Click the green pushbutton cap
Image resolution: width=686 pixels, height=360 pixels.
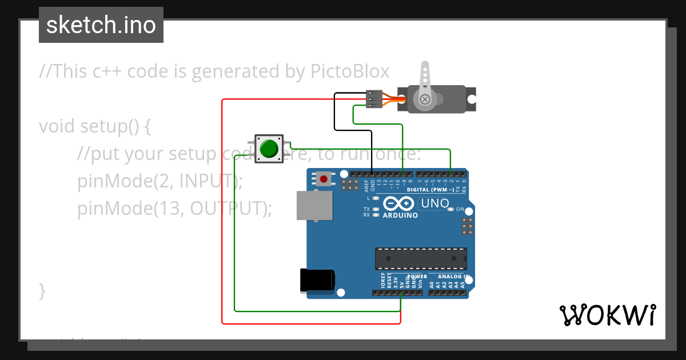269,149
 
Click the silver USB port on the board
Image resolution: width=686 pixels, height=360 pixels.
314,205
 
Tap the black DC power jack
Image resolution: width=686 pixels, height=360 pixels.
317,281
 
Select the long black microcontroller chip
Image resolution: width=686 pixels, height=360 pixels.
420,258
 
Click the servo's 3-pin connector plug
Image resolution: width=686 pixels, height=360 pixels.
373,99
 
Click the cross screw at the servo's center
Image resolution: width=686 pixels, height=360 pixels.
425,100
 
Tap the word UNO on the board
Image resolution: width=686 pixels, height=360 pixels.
434,203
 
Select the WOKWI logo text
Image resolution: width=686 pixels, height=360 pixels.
607,315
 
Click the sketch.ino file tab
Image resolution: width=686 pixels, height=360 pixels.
101,25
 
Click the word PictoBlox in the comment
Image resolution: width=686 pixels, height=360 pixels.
350,71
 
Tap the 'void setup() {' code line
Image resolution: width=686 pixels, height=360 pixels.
95,126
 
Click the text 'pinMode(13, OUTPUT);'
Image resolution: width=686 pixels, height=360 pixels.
174,209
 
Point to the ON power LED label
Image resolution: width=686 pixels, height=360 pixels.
460,210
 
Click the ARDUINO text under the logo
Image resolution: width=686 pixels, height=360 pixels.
400,215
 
